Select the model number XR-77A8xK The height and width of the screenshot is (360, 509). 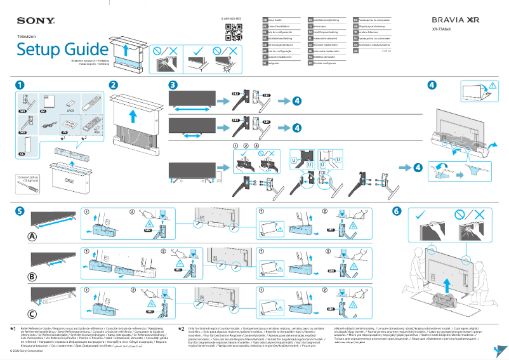click(x=443, y=30)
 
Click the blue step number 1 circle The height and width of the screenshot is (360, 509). click(x=20, y=84)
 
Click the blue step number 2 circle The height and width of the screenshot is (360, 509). click(x=113, y=84)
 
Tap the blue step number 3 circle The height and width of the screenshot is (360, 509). click(x=173, y=84)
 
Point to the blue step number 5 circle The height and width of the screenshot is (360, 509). click(x=20, y=210)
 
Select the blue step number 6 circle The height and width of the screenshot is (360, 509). click(x=397, y=210)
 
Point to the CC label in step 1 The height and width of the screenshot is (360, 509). click(x=22, y=153)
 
